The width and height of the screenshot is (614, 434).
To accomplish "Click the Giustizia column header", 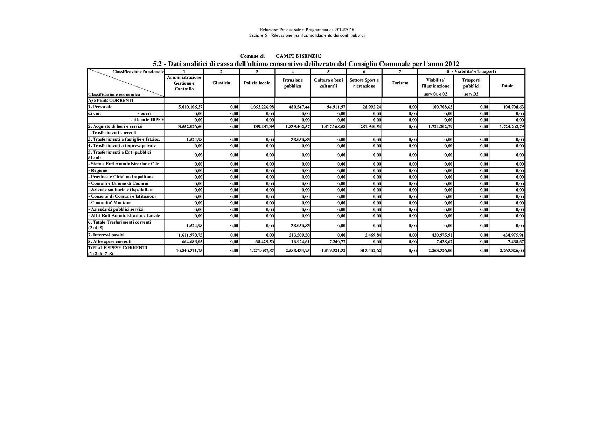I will [221, 83].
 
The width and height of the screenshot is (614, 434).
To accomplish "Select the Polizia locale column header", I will [257, 83].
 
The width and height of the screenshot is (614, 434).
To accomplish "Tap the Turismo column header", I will [400, 83].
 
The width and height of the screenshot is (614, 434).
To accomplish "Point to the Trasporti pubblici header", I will [471, 83].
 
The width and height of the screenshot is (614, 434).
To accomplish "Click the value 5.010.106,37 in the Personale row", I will [190, 107].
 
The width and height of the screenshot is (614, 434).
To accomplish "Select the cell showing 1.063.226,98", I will [262, 107].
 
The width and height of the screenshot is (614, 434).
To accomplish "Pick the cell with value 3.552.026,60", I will [190, 126].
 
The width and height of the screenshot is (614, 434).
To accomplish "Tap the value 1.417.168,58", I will [333, 126].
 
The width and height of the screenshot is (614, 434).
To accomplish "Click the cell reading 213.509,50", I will [298, 235].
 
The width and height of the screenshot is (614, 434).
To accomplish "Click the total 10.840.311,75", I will [189, 251].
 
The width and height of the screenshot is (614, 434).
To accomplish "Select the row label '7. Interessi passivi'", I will [106, 235].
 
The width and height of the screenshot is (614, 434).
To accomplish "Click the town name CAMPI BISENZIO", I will [299, 56].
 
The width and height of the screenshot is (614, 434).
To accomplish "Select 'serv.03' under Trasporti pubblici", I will [471, 94].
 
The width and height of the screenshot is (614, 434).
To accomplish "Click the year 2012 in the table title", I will [452, 64].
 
